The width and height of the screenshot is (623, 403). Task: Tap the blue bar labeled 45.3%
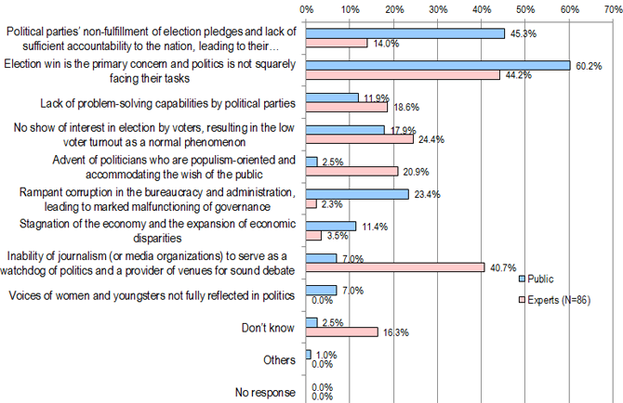click(x=405, y=33)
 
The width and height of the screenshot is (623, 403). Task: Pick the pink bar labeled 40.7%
click(x=395, y=267)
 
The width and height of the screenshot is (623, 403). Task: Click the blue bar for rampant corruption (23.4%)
click(x=358, y=193)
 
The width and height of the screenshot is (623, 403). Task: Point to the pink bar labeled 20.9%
click(x=352, y=172)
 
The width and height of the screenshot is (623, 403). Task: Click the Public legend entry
click(x=538, y=279)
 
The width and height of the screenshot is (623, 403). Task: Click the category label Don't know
click(x=270, y=327)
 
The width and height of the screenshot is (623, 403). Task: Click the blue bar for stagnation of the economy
click(x=331, y=226)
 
